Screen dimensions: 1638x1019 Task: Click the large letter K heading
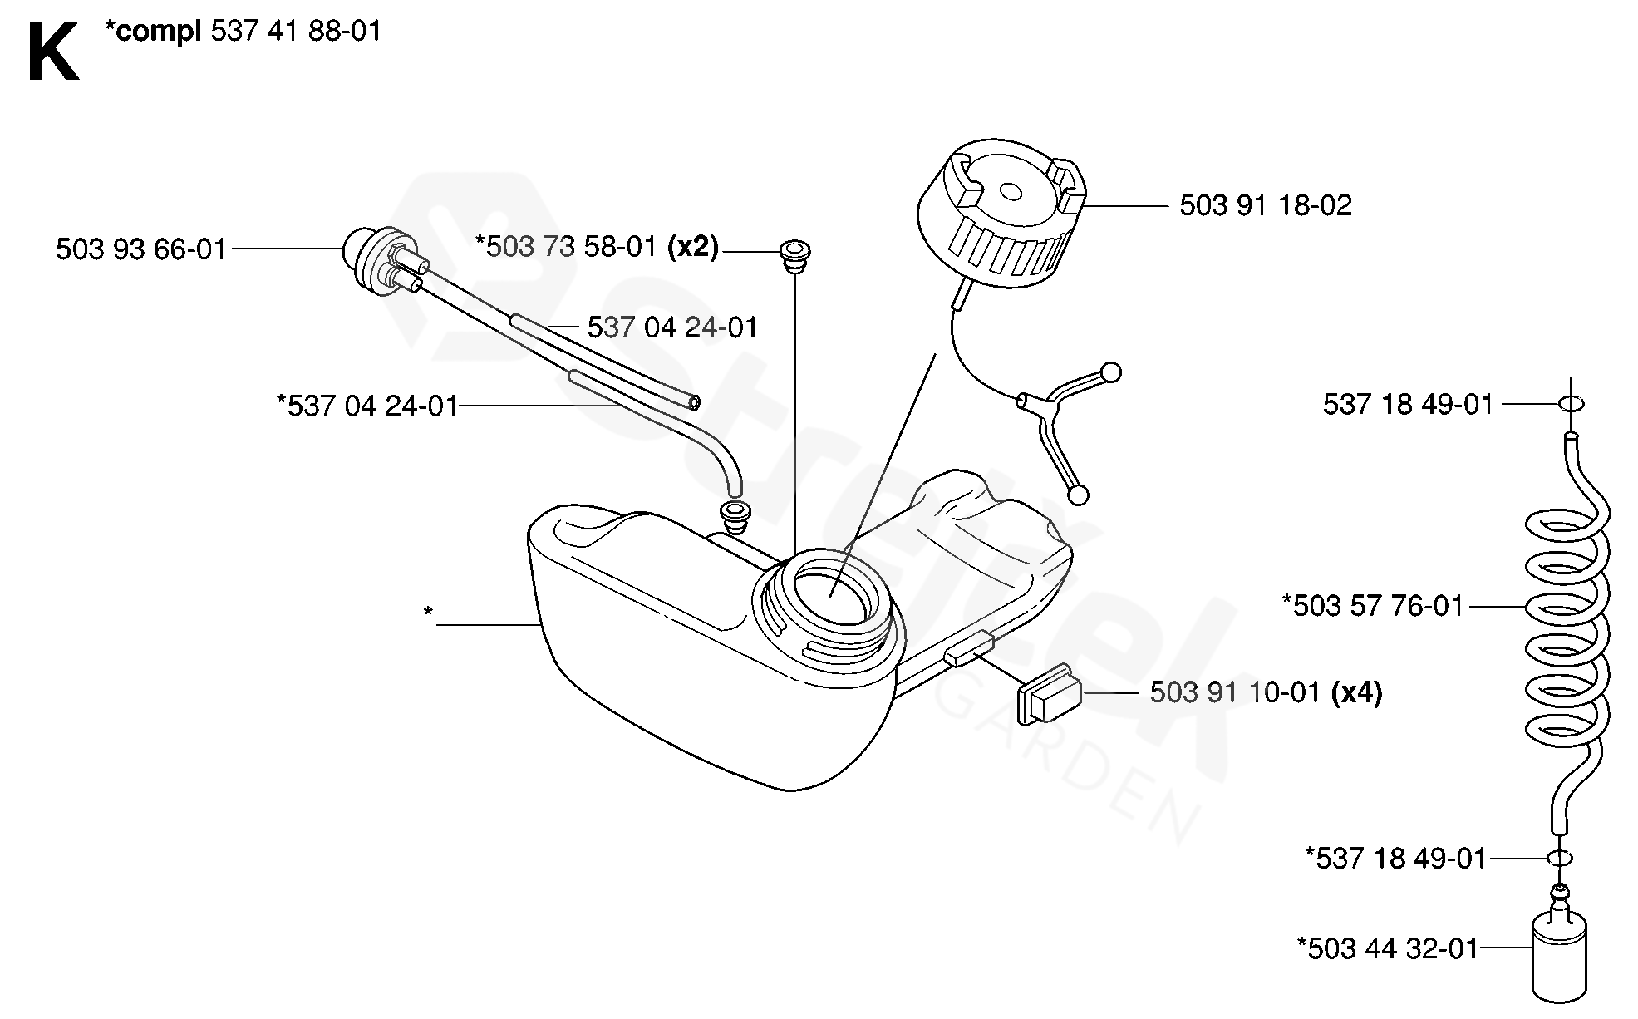tap(52, 52)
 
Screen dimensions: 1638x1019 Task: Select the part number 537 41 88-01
tap(296, 32)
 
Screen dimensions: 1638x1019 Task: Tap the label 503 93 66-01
tap(140, 249)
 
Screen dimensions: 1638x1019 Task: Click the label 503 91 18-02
tap(1265, 205)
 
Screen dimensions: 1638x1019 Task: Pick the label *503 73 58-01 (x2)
tap(596, 247)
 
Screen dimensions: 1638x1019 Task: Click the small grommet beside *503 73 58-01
tap(794, 253)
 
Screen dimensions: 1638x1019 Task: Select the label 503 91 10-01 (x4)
tap(1265, 692)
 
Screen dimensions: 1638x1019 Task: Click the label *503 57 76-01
tap(1372, 606)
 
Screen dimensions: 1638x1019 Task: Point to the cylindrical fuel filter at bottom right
tap(1560, 965)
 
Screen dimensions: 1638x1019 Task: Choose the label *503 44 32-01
tap(1387, 948)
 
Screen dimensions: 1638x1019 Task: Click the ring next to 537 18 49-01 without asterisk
tap(1570, 404)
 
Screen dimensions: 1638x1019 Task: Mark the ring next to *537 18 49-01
tap(1561, 859)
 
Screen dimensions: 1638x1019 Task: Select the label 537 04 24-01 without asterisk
tap(672, 327)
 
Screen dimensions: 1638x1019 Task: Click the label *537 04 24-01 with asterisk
tap(366, 406)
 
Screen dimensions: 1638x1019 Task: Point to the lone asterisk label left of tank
tap(428, 613)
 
